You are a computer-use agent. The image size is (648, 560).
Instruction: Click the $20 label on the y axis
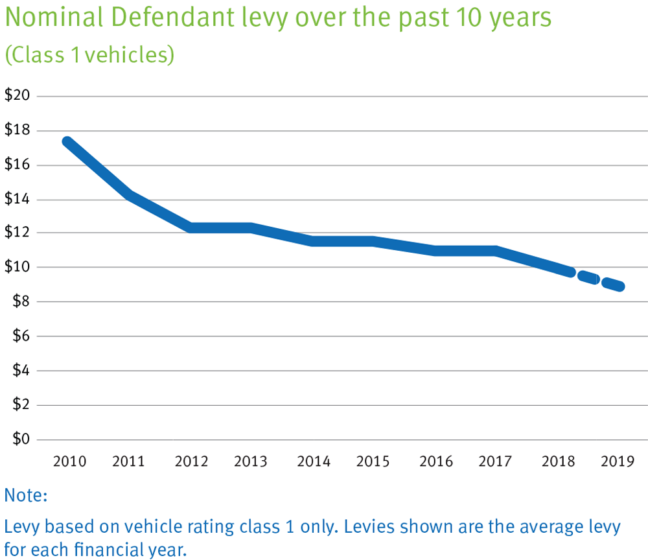(x=17, y=96)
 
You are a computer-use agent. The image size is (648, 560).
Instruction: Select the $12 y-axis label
(x=17, y=233)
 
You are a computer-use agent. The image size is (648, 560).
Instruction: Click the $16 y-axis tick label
(x=17, y=165)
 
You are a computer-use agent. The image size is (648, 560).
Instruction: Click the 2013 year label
(x=250, y=462)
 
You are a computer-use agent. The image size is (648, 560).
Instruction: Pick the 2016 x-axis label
(x=435, y=462)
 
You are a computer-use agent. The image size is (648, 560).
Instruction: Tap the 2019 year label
(x=618, y=462)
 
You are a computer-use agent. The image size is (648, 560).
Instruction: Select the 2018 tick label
(x=558, y=462)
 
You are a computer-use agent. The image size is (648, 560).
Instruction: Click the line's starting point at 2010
(x=66, y=141)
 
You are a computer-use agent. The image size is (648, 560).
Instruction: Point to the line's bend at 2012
(x=191, y=227)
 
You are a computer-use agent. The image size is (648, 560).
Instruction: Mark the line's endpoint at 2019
(x=619, y=286)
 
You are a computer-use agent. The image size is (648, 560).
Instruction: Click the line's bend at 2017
(x=495, y=251)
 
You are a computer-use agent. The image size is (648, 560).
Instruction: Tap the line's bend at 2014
(x=312, y=241)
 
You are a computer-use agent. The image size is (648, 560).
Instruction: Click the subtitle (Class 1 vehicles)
(x=89, y=54)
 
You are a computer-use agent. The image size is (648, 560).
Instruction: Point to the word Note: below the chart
(x=27, y=496)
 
